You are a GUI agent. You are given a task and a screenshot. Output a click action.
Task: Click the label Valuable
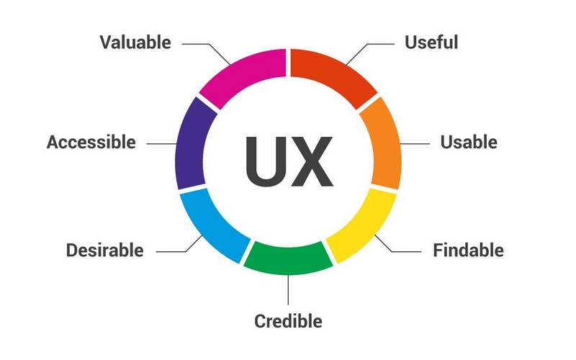click(x=135, y=42)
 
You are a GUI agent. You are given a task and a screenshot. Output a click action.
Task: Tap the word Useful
click(x=431, y=42)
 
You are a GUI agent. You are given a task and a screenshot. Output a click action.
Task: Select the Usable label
click(x=469, y=142)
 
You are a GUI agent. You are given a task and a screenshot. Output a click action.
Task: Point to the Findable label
click(x=468, y=251)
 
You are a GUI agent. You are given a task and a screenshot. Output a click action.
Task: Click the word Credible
click(x=288, y=320)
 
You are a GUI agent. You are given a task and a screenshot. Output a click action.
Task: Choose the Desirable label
click(x=105, y=251)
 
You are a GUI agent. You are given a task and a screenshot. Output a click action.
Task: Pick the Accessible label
click(x=91, y=142)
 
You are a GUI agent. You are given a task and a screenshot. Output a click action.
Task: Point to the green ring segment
click(x=288, y=258)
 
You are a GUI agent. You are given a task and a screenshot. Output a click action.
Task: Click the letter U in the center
click(x=264, y=160)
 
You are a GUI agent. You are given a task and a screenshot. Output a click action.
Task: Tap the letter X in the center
click(x=311, y=160)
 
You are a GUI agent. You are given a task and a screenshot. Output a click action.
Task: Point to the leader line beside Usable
click(x=415, y=143)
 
